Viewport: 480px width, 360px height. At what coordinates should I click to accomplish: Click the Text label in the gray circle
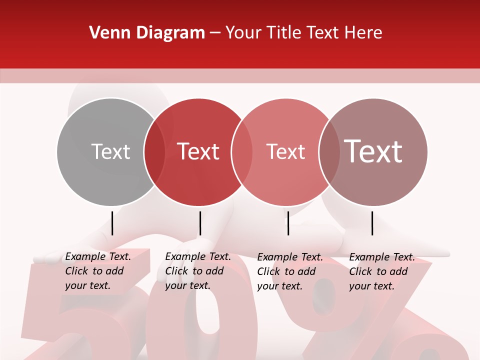pyautogui.click(x=110, y=151)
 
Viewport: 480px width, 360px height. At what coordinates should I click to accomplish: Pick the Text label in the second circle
pyautogui.click(x=198, y=151)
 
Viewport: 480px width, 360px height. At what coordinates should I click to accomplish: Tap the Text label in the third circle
pyautogui.click(x=285, y=151)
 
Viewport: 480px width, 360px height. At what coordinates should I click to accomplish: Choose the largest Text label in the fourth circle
pyautogui.click(x=373, y=151)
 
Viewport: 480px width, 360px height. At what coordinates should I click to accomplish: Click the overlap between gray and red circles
pyautogui.click(x=154, y=152)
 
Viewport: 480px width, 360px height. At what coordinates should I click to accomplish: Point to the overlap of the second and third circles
pyautogui.click(x=242, y=152)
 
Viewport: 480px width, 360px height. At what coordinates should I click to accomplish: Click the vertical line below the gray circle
pyautogui.click(x=112, y=223)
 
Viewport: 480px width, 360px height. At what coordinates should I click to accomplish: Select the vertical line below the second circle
pyautogui.click(x=200, y=223)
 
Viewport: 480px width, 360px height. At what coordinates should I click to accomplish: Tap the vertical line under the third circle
pyautogui.click(x=288, y=223)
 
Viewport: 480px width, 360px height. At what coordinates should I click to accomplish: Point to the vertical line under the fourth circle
pyautogui.click(x=372, y=223)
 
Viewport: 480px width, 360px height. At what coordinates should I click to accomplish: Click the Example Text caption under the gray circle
pyautogui.click(x=97, y=271)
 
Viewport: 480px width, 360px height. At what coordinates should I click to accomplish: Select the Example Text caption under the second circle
pyautogui.click(x=197, y=271)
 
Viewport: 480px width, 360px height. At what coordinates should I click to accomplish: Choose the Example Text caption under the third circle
pyautogui.click(x=289, y=271)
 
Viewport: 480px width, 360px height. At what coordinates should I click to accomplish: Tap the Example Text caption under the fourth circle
pyautogui.click(x=381, y=271)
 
